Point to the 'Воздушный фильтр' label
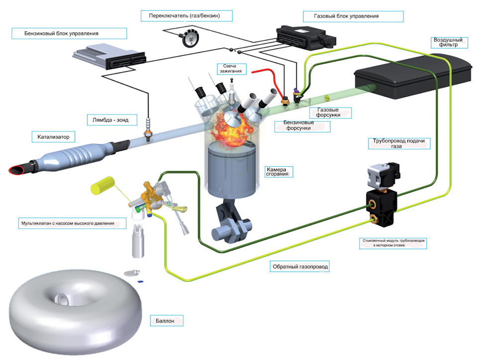449,42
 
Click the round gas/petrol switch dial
191,38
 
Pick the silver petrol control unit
109,56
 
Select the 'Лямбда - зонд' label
111,120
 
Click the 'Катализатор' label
53,137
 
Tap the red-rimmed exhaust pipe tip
16,169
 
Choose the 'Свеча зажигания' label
231,69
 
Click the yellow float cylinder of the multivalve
103,185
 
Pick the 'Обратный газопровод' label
300,266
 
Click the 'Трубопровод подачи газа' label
399,143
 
